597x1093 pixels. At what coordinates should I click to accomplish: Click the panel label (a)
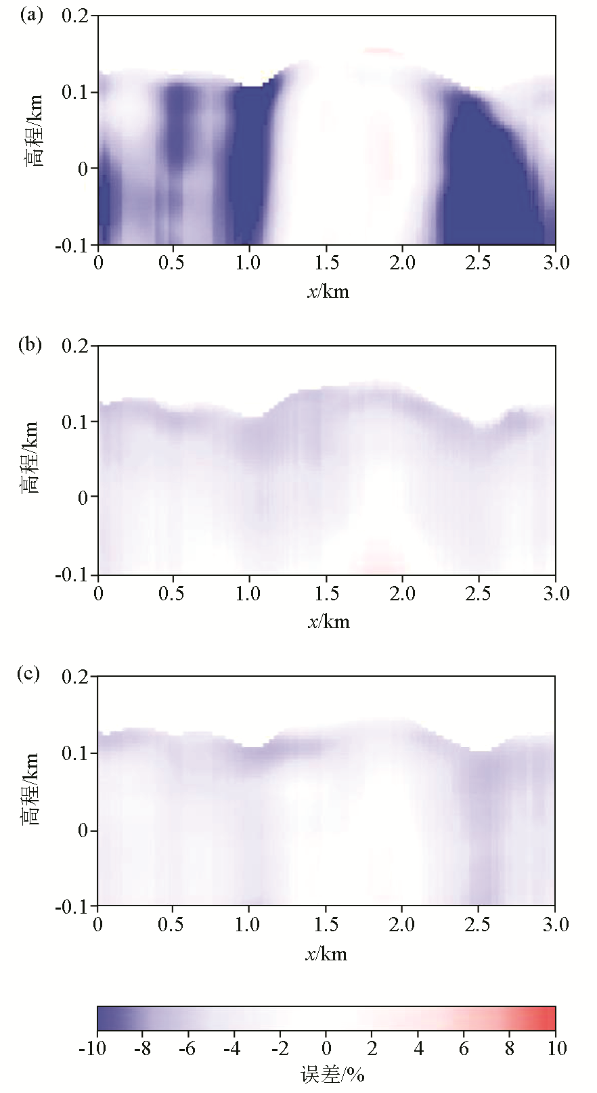[30, 15]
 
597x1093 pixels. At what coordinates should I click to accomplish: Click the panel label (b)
[30, 345]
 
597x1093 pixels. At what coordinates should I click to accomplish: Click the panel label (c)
[30, 675]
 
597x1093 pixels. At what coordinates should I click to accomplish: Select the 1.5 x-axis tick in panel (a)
[326, 263]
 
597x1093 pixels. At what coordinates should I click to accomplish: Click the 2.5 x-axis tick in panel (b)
[479, 593]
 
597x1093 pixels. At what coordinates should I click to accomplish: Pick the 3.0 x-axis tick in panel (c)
[555, 924]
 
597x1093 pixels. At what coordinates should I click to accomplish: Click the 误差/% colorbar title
[332, 1074]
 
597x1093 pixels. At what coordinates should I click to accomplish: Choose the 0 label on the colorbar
[327, 1048]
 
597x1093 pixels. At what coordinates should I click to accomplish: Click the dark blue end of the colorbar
[106, 1018]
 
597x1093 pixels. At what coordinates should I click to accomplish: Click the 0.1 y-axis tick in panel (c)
[75, 753]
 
